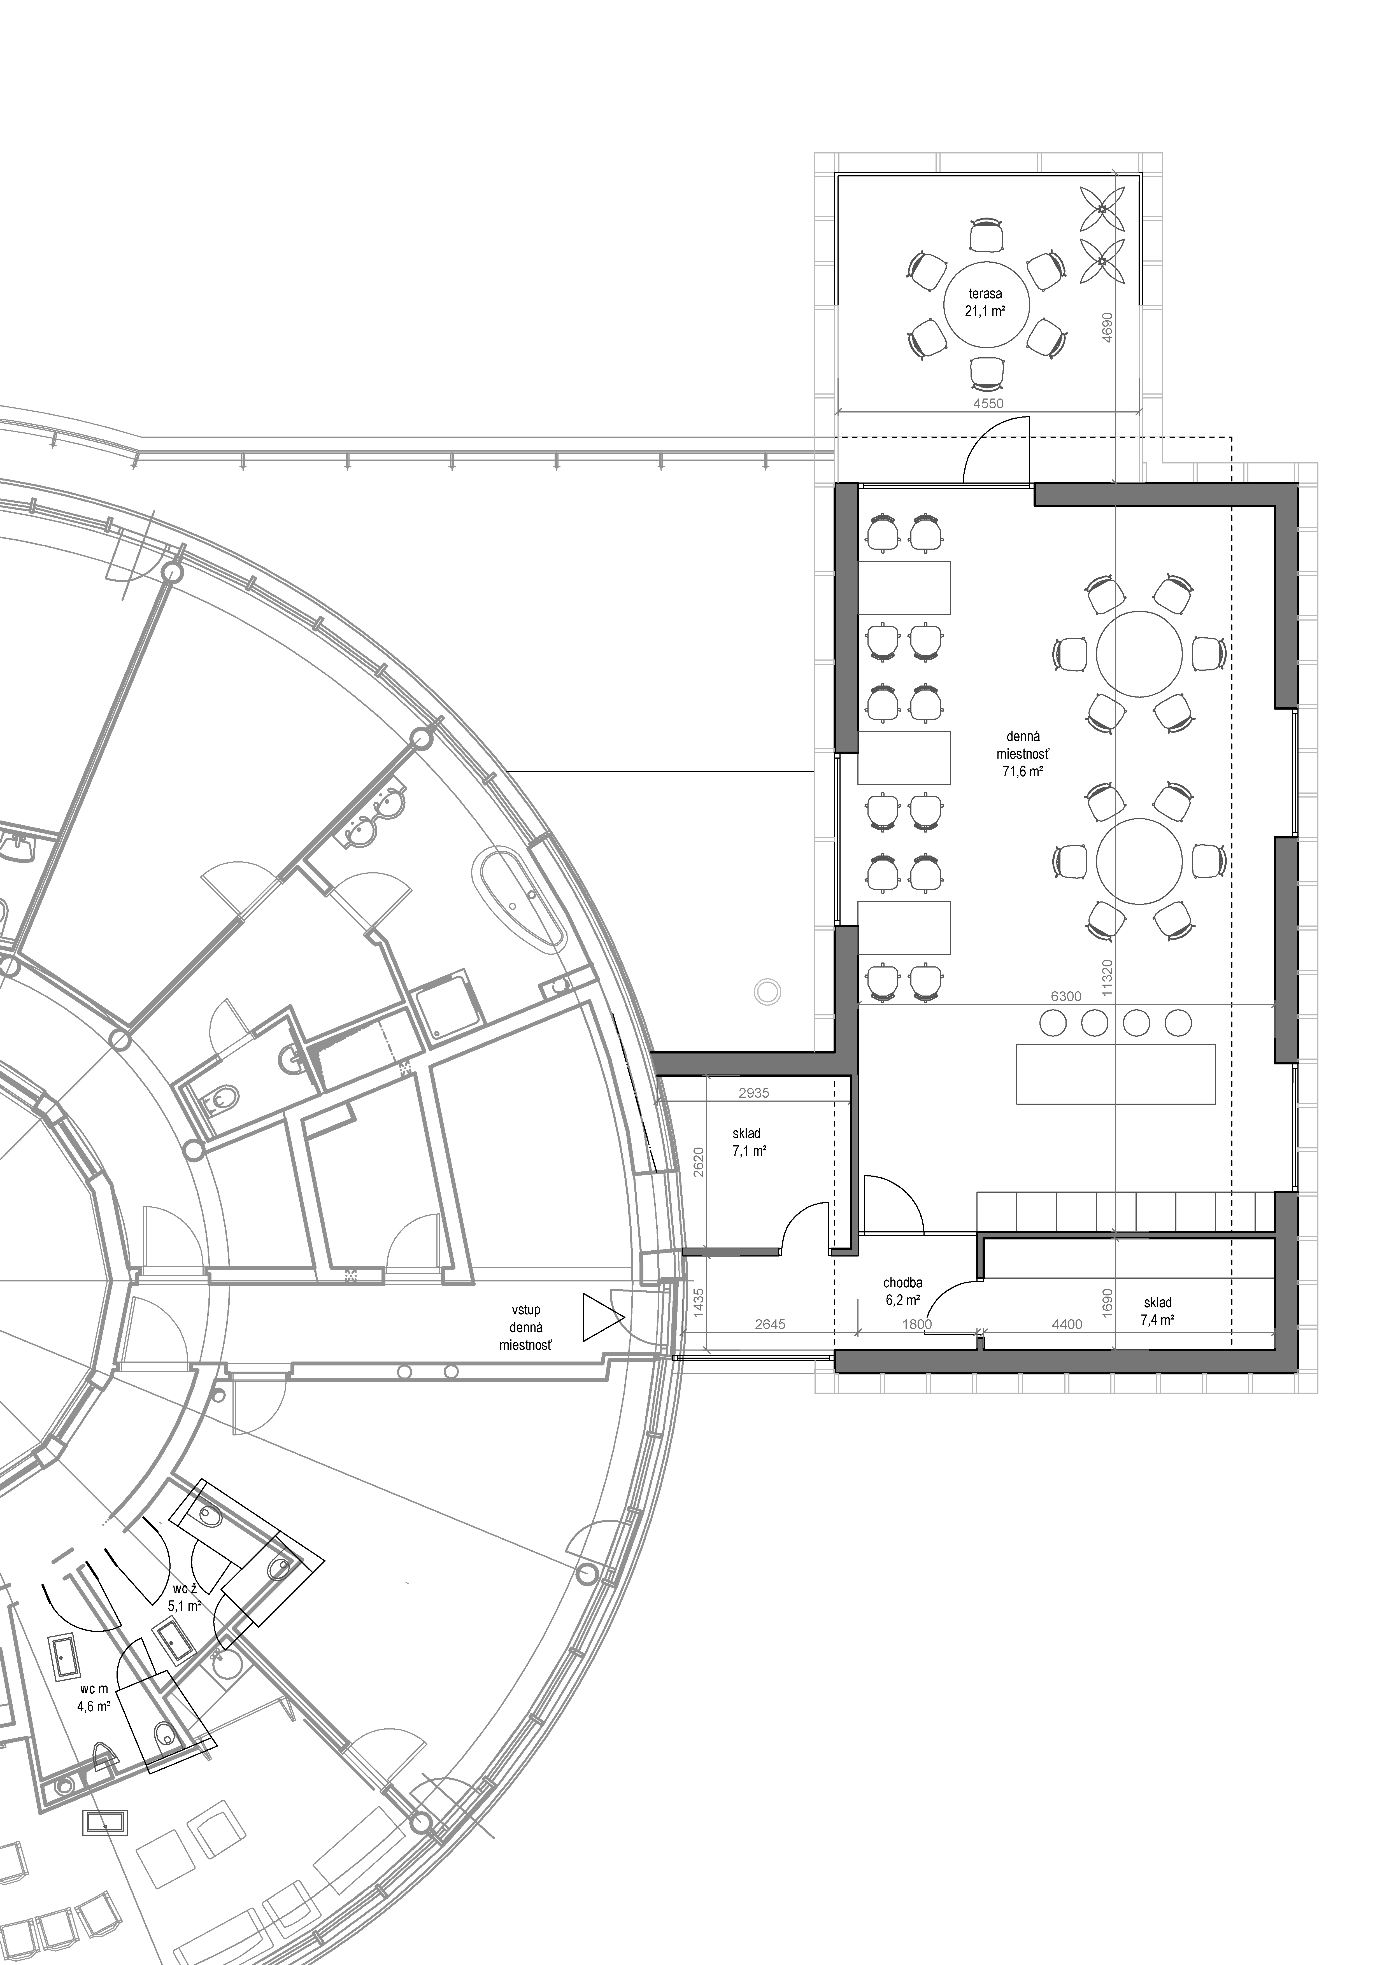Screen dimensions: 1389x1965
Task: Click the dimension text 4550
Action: click(x=987, y=403)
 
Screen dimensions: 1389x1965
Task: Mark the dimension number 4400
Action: click(x=1066, y=1324)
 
